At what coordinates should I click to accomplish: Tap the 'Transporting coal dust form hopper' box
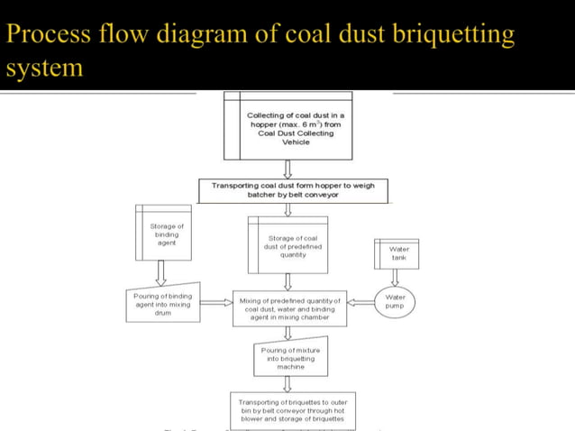coord(292,189)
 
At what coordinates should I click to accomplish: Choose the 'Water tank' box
coord(398,252)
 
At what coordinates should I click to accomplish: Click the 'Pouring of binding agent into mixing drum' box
coord(162,304)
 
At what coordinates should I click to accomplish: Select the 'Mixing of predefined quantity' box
coord(289,308)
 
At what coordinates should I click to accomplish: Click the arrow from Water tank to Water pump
coord(395,277)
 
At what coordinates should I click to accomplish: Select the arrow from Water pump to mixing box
coord(361,302)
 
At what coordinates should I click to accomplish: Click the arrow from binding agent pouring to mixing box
coord(214,304)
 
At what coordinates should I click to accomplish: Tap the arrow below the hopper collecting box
coord(287,169)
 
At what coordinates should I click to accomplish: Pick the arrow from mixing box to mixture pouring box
coord(287,333)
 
